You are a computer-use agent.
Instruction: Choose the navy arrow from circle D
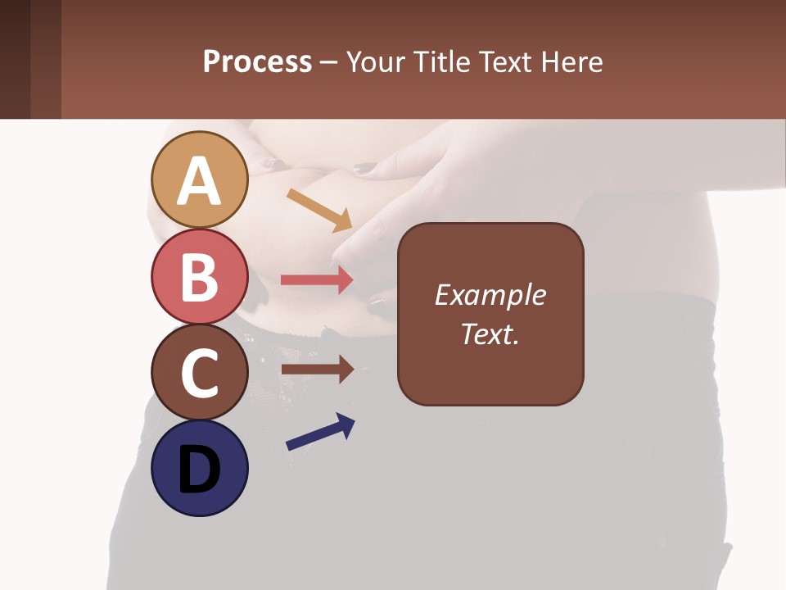pyautogui.click(x=320, y=432)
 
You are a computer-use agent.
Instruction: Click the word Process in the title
pyautogui.click(x=257, y=62)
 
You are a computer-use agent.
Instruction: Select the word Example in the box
pyautogui.click(x=490, y=295)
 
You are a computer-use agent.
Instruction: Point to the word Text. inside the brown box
pyautogui.click(x=490, y=334)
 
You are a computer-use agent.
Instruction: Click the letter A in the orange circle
pyautogui.click(x=200, y=181)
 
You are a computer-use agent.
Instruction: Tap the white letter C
pyautogui.click(x=200, y=373)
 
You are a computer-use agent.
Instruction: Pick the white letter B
pyautogui.click(x=200, y=277)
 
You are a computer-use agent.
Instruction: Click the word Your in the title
pyautogui.click(x=376, y=62)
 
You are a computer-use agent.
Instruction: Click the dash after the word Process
pyautogui.click(x=329, y=63)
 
